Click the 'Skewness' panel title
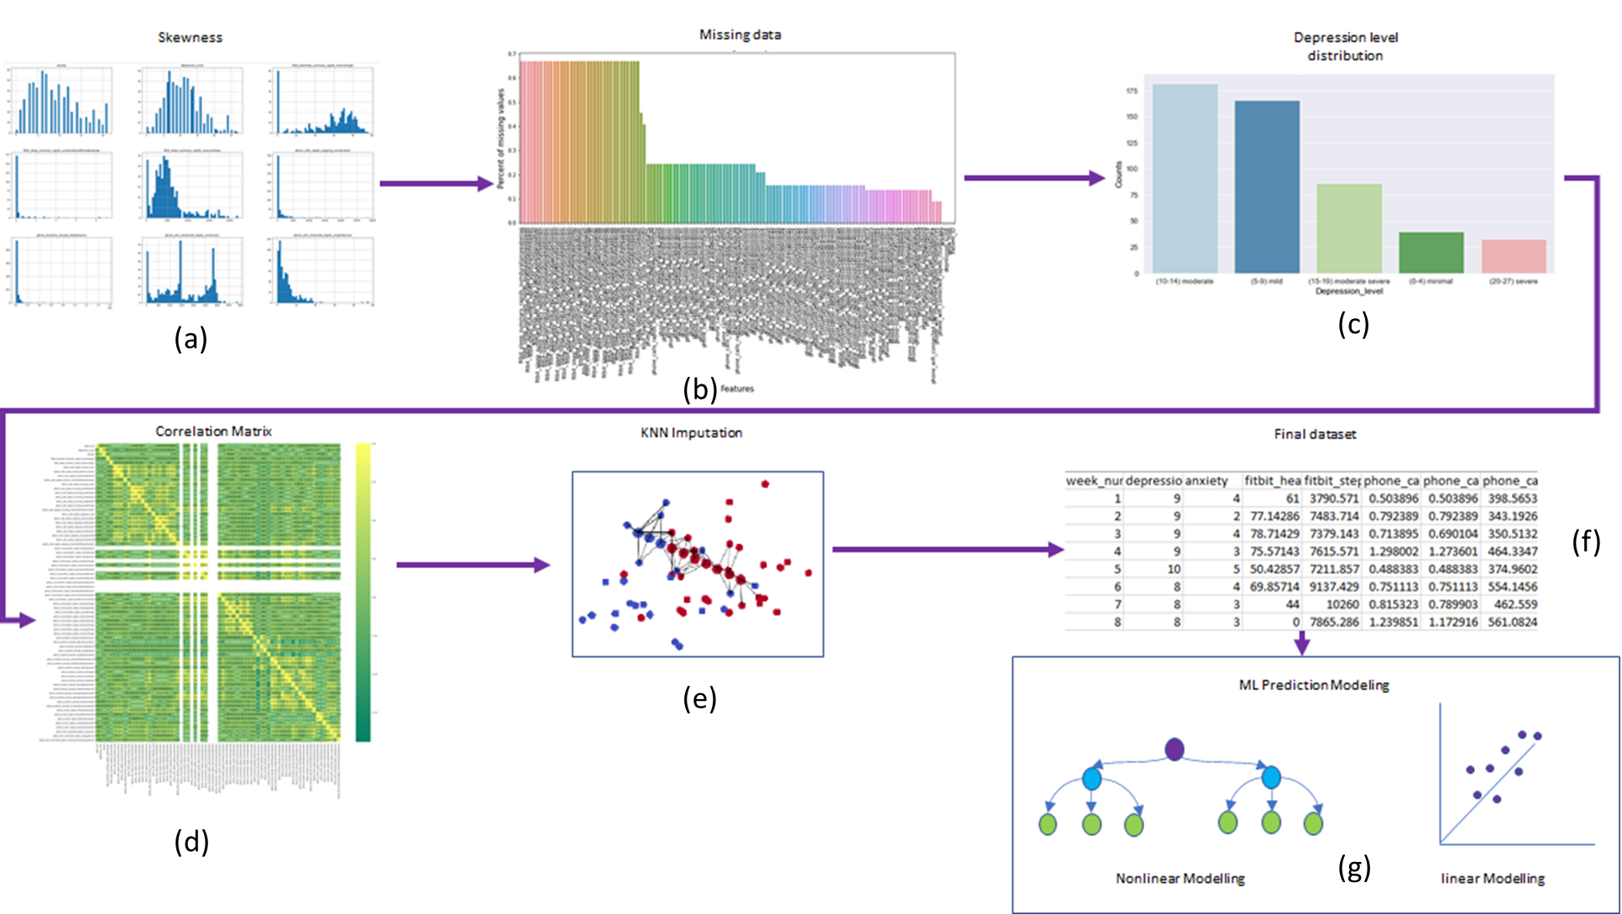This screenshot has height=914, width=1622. coord(190,38)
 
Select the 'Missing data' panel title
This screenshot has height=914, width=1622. coord(740,34)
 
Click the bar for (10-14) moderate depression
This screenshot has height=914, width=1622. coord(1185,179)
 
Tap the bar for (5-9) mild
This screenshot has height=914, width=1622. coord(1266,187)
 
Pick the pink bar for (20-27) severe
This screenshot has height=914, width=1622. coord(1513,256)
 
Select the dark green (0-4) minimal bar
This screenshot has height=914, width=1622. coord(1431,252)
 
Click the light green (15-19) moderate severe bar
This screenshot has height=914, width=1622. coord(1348,228)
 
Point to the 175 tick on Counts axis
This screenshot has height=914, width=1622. coord(1132,91)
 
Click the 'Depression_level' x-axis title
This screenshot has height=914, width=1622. coord(1348,291)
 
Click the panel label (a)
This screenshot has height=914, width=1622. coord(191,338)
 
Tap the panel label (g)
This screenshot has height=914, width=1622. coord(1353,867)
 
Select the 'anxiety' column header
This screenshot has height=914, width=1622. coord(1206,481)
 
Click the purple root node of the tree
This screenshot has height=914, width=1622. coord(1175,749)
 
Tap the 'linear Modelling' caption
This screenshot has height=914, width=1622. coord(1492,879)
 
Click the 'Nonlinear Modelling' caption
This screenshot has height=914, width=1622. coord(1180,879)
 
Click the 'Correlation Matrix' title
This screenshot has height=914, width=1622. coord(213,431)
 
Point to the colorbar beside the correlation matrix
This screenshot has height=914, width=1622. coord(363,592)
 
